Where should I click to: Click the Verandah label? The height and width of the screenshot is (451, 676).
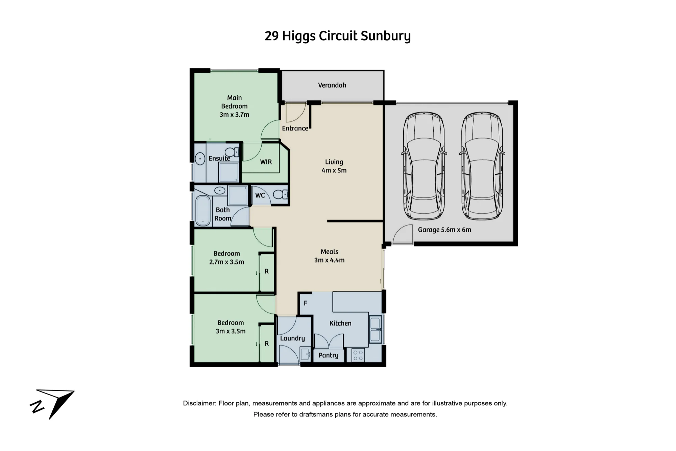(x=332, y=85)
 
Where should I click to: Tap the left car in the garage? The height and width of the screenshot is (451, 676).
(x=424, y=166)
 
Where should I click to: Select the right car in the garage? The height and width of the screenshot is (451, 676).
(x=482, y=166)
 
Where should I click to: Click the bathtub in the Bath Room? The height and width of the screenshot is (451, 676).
(x=203, y=211)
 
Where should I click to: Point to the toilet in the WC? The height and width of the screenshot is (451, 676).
(x=280, y=194)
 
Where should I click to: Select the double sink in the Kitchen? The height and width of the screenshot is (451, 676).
(x=375, y=329)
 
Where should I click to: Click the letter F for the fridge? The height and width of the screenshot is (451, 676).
(x=306, y=303)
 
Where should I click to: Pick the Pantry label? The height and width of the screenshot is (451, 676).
(x=328, y=355)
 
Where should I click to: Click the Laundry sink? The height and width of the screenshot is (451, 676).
(x=305, y=355)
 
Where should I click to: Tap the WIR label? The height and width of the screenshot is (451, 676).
(x=266, y=162)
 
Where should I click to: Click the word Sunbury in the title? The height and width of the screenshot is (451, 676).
(x=386, y=36)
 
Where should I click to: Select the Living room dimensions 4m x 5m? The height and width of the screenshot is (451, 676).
(x=334, y=170)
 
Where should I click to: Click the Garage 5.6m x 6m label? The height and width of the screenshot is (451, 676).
(x=444, y=230)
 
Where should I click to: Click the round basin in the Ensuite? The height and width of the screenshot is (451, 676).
(x=200, y=159)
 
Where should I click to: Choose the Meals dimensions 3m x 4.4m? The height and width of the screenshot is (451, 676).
(x=330, y=260)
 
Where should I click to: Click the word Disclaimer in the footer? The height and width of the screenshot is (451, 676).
(x=199, y=403)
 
